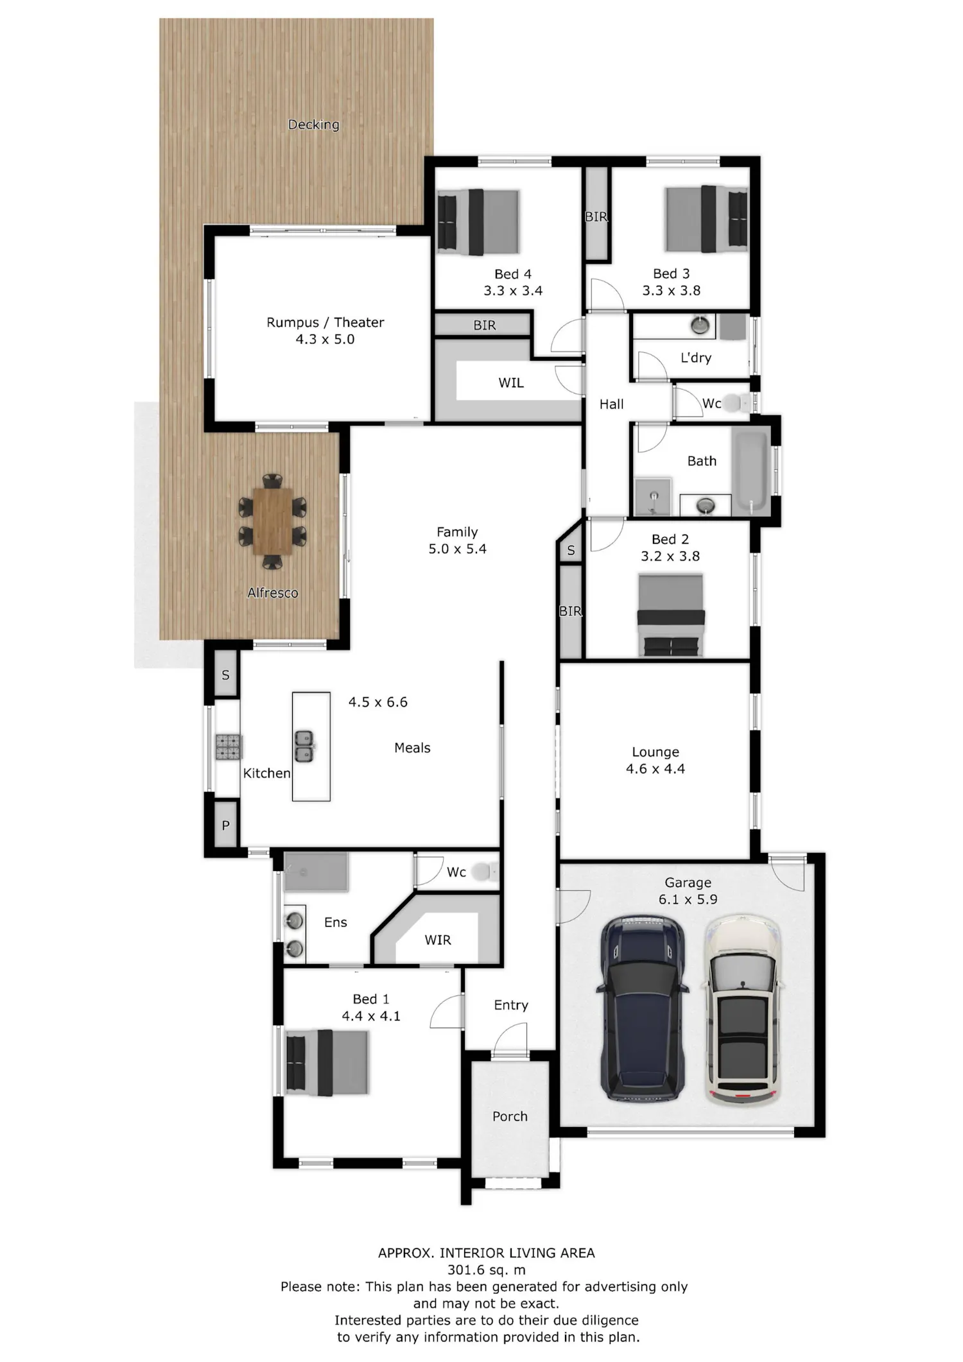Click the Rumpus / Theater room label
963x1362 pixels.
pos(325,322)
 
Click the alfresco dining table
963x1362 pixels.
pos(273,521)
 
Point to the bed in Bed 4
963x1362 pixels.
pos(478,221)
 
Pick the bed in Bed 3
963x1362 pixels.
pos(707,218)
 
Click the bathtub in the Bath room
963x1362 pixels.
pos(750,470)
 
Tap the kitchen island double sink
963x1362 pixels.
pos(304,746)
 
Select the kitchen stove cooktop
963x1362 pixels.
pos(229,746)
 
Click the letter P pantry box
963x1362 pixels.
pos(225,825)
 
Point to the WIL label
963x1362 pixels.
pos(511,383)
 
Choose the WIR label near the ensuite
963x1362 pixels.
pos(438,940)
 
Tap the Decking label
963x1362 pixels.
pos(313,125)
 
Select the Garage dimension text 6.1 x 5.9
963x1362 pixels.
pos(688,899)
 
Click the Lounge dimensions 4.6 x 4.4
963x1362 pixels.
pos(655,768)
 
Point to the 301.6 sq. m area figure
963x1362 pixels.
pos(487,1270)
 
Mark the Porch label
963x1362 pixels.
pos(510,1116)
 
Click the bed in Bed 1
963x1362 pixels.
pos(327,1062)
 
